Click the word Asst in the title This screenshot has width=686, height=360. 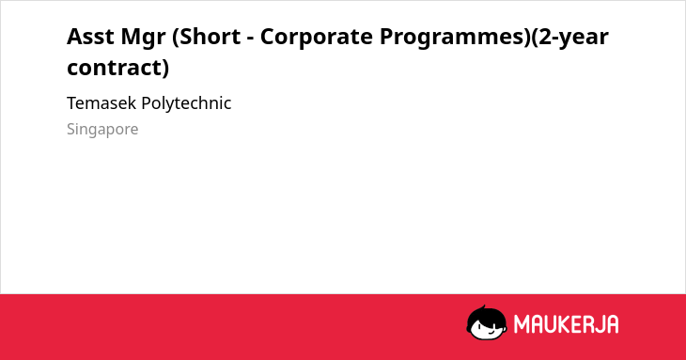click(90, 37)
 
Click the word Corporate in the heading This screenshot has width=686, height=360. click(316, 38)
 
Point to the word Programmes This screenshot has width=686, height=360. click(455, 39)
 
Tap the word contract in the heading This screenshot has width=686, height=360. click(115, 68)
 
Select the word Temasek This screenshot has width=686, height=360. click(101, 103)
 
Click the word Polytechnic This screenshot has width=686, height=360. click(186, 104)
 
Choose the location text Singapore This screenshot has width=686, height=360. click(102, 130)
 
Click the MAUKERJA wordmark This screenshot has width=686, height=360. click(566, 324)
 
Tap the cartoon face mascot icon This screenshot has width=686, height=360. click(487, 322)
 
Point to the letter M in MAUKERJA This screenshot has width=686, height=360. click(522, 324)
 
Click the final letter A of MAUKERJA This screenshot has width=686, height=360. click(612, 324)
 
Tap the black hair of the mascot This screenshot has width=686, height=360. click(486, 314)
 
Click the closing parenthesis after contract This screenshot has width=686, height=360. click(165, 68)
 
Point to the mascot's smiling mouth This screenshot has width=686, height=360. click(489, 333)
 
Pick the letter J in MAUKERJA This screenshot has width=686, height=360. click(598, 324)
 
